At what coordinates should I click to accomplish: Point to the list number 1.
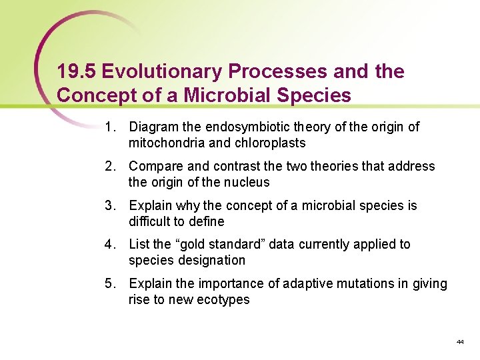109,127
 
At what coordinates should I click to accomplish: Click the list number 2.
109,166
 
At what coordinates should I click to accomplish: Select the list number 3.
109,205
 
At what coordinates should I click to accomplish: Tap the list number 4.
109,245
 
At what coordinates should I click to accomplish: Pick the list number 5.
109,284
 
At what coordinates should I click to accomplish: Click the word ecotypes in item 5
224,300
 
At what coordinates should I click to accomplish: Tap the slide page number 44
460,342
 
